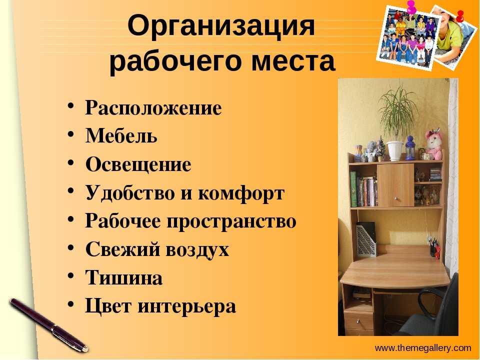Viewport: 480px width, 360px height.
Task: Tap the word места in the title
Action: pyautogui.click(x=293, y=61)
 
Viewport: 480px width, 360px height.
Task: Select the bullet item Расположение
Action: pyautogui.click(x=153, y=108)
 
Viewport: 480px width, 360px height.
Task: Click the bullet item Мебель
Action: pyautogui.click(x=121, y=135)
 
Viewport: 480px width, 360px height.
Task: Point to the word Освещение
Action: pyautogui.click(x=138, y=164)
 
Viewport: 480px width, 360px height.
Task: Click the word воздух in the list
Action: pyautogui.click(x=197, y=249)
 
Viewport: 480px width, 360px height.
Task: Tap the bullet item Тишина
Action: pyautogui.click(x=124, y=277)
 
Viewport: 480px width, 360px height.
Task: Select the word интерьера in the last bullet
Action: pyautogui.click(x=186, y=306)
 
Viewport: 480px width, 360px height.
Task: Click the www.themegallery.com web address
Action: pyautogui.click(x=423, y=348)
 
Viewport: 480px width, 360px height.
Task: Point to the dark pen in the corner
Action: pyautogui.click(x=49, y=325)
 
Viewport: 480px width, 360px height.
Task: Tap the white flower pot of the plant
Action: pyautogui.click(x=395, y=150)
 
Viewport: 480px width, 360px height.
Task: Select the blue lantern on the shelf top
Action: pyautogui.click(x=410, y=148)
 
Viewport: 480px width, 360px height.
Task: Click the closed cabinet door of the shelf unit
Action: pyautogui.click(x=395, y=185)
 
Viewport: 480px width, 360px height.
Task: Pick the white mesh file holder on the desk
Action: pyautogui.click(x=365, y=239)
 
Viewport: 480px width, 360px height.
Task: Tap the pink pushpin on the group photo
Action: pyautogui.click(x=411, y=6)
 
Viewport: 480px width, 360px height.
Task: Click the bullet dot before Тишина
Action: pyautogui.click(x=70, y=274)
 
